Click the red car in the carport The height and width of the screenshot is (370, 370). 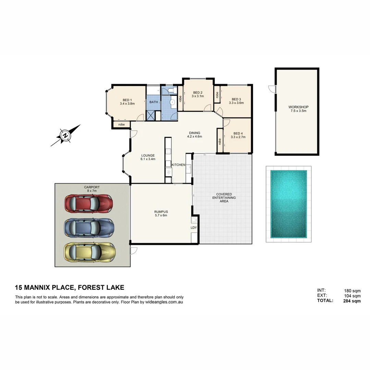coord(88,204)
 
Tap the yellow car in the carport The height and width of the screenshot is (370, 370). coord(89,252)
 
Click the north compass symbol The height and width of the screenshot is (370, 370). coord(65,136)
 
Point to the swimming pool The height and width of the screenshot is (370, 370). coord(288,204)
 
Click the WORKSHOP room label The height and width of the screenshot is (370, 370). coord(298,107)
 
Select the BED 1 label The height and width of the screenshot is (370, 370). coord(127,99)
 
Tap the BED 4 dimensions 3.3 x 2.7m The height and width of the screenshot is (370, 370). coord(238,137)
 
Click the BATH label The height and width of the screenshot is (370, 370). coord(153,102)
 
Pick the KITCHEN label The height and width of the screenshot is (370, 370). coord(178,165)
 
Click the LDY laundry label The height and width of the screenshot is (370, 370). coord(194,227)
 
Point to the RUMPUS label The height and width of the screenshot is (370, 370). coord(161,212)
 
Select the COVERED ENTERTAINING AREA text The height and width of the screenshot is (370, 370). coord(224,198)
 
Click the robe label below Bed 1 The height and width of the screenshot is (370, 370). coord(121,124)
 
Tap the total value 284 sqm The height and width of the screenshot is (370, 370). coord(352,301)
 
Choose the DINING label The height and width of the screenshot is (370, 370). coord(194,133)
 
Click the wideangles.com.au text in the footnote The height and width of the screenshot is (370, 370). coord(164,302)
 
